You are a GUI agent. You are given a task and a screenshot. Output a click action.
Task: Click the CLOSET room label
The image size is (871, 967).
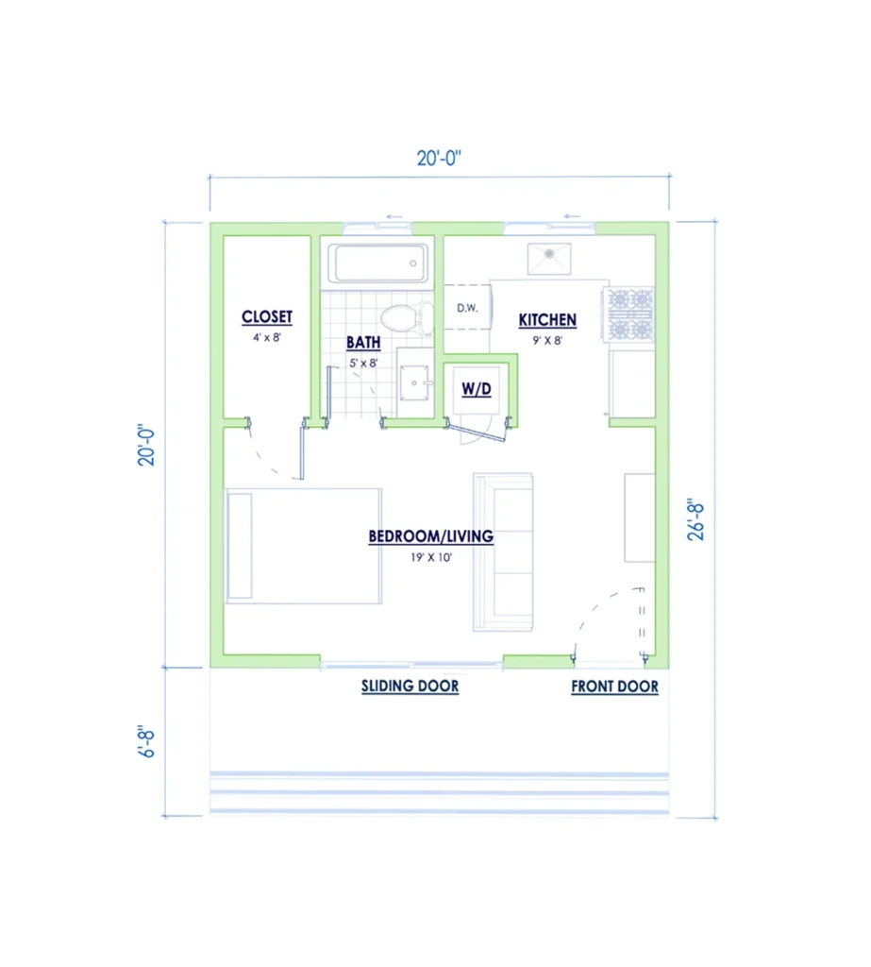[267, 317]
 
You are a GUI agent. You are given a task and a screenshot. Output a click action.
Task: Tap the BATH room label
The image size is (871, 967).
[363, 342]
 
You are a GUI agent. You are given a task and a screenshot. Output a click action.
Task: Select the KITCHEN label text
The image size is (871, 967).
[547, 320]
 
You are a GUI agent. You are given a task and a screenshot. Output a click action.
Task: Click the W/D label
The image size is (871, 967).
[477, 389]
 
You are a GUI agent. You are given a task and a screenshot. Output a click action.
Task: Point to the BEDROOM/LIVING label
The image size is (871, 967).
[431, 536]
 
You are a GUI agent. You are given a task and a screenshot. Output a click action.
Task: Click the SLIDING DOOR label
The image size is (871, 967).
[410, 687]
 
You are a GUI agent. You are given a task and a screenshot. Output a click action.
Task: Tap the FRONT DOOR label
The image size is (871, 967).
[614, 687]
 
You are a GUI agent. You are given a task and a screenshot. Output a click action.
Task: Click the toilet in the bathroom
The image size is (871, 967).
[407, 317]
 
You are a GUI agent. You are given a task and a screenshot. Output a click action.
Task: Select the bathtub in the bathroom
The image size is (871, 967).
[377, 263]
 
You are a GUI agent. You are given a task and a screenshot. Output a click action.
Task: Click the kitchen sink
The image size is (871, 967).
[549, 259]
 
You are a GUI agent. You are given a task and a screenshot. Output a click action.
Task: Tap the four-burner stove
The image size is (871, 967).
[628, 314]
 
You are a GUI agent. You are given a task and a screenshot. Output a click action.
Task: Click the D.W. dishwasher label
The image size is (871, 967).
[467, 308]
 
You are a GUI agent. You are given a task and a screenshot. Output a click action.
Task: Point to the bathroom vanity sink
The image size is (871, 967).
[415, 383]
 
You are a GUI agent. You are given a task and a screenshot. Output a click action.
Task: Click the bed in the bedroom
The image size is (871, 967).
[303, 546]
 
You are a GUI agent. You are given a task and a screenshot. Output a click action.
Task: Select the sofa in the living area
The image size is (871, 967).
[503, 551]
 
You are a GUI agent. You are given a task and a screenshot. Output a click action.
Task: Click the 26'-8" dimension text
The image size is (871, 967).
[695, 520]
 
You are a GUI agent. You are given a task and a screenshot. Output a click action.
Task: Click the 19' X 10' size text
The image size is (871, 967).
[431, 557]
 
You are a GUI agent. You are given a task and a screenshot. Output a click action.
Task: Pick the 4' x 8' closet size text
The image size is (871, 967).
[267, 337]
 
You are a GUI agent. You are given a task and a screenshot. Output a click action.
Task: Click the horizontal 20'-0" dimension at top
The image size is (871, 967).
[439, 159]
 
